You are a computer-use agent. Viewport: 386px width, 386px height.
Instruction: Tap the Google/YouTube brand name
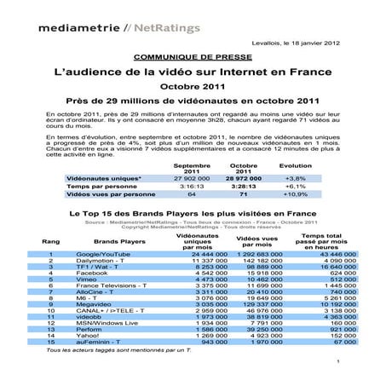click(x=101, y=255)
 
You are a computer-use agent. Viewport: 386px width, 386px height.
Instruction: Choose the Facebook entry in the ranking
click(x=92, y=272)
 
